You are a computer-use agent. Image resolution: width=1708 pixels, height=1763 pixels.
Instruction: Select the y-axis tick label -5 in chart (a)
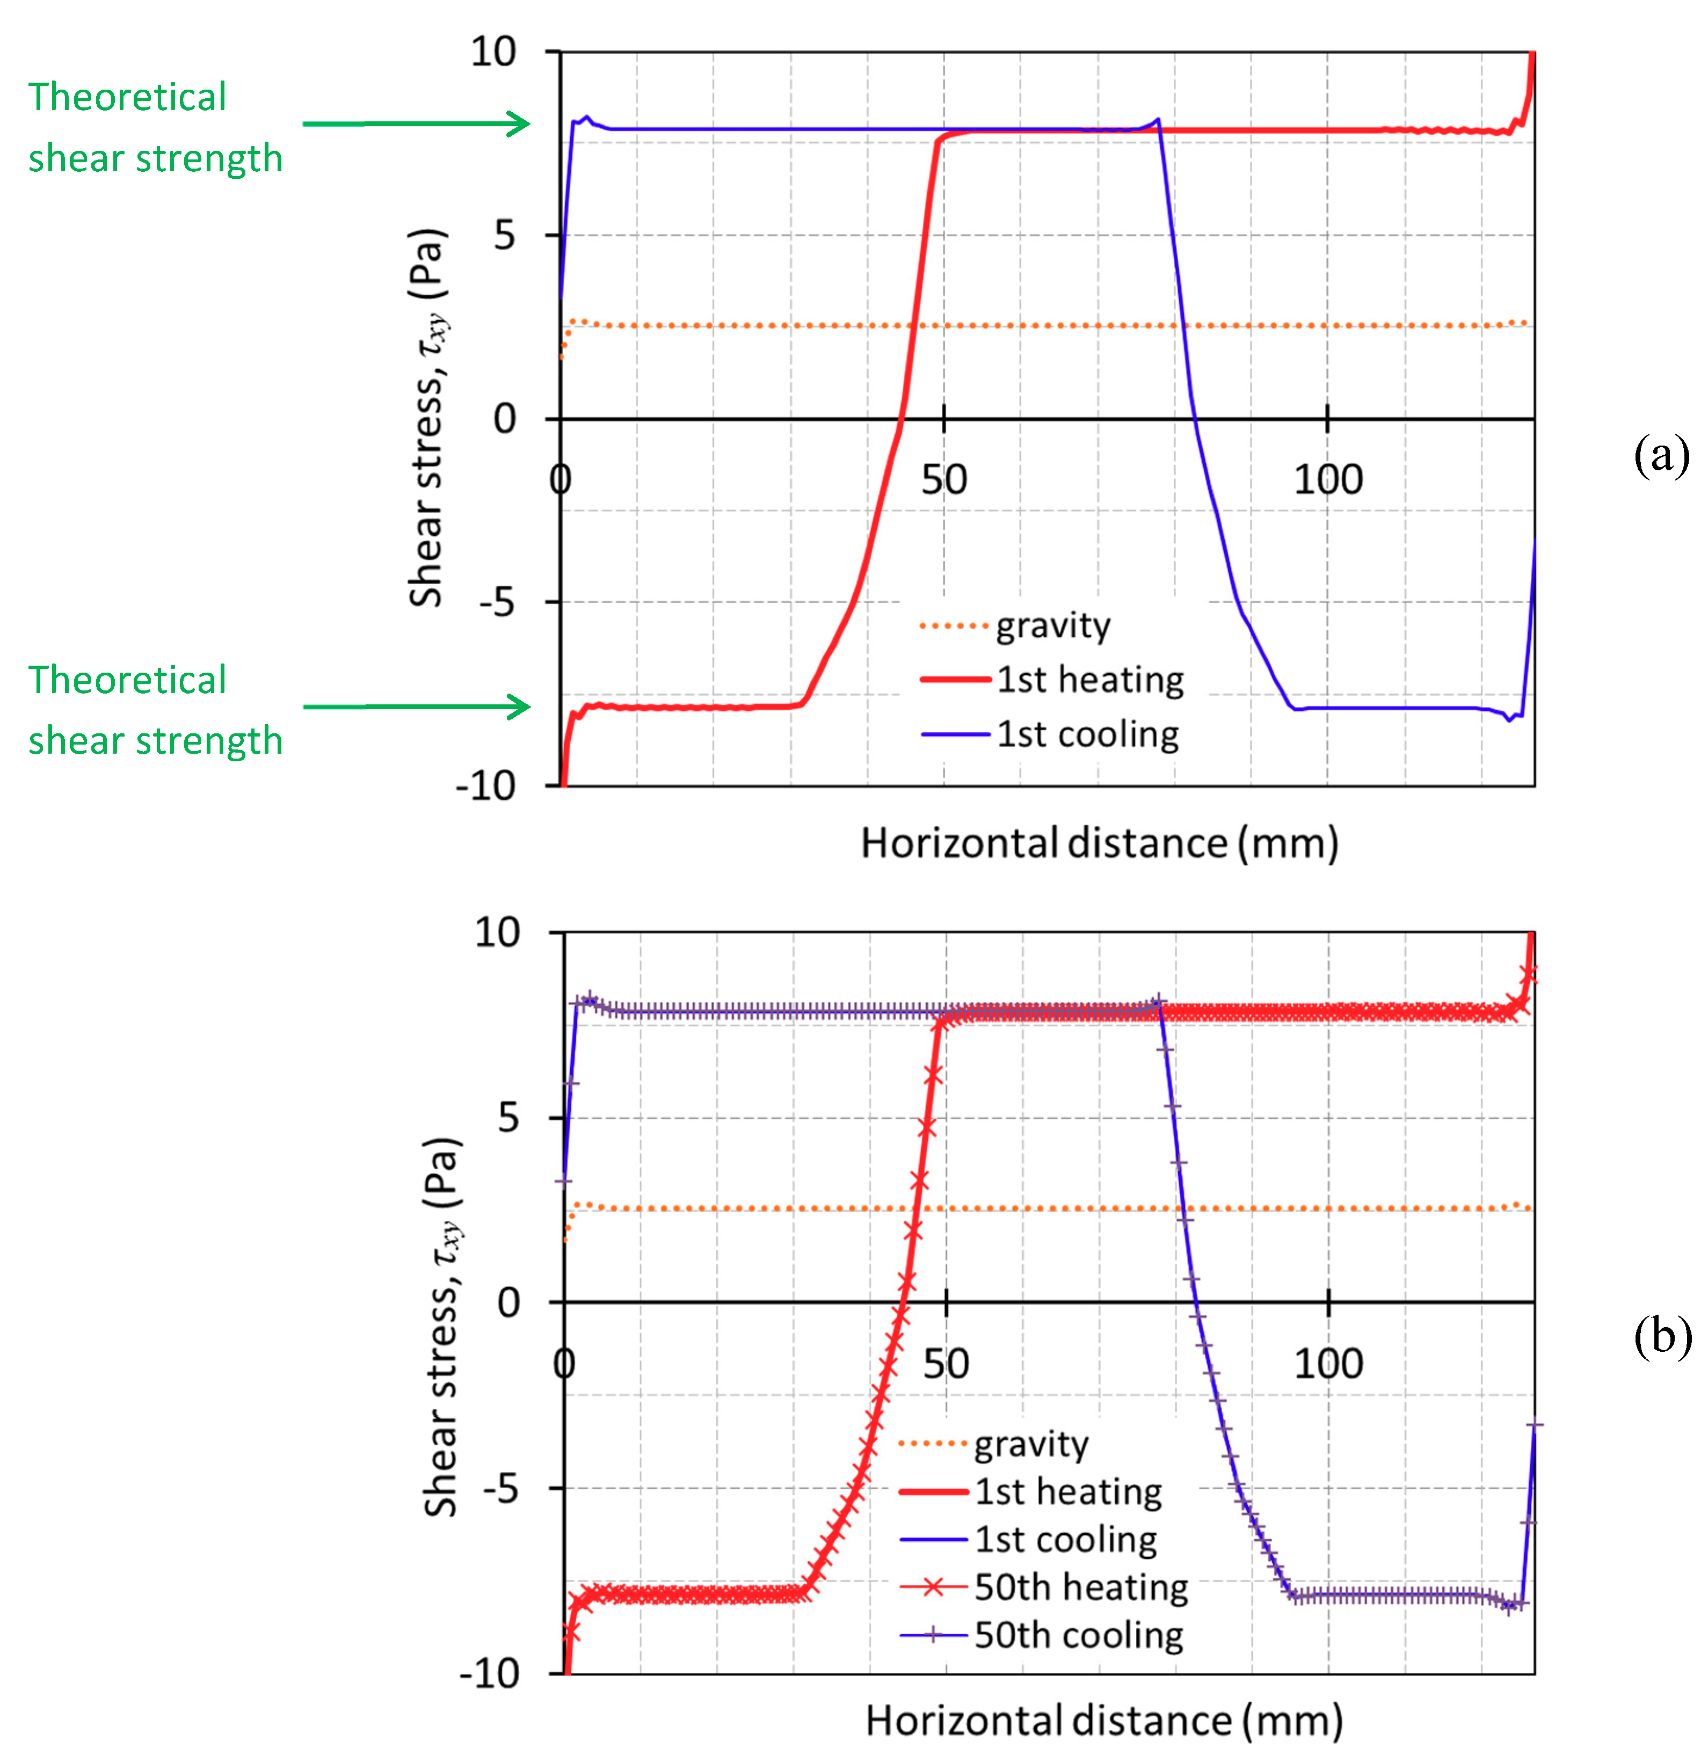click(x=497, y=602)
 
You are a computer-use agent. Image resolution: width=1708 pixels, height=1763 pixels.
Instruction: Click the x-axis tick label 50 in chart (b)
click(x=946, y=1364)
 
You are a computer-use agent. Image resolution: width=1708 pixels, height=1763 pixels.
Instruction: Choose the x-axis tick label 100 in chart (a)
click(x=1327, y=479)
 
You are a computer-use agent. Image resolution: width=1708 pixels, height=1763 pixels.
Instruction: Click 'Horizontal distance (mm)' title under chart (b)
click(x=1103, y=1721)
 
